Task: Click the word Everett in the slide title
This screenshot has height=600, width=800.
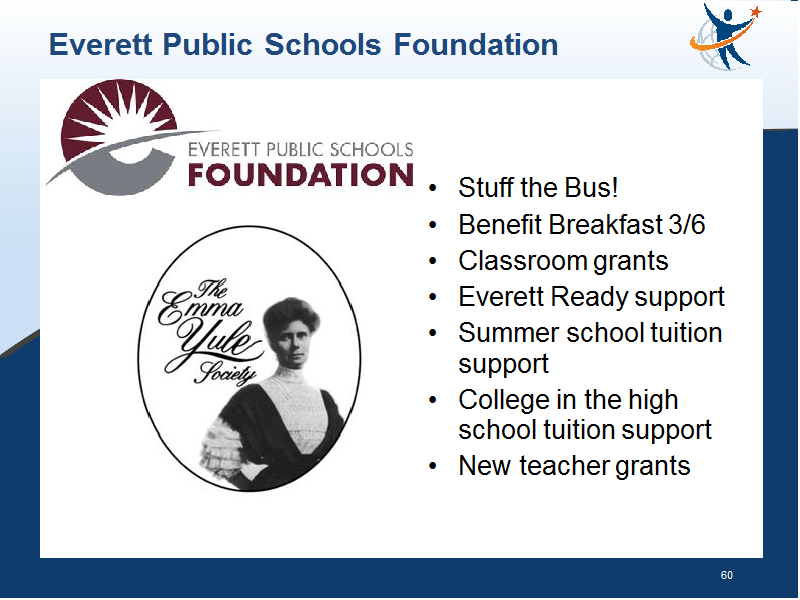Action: point(101,44)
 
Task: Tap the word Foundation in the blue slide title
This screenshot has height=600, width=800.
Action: point(476,44)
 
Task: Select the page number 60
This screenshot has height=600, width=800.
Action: point(727,575)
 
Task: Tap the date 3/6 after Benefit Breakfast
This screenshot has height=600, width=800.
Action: point(687,224)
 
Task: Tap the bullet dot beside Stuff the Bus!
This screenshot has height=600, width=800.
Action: point(433,188)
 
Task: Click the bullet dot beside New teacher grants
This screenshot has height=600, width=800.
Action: point(433,466)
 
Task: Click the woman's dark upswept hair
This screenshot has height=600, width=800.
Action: point(291,315)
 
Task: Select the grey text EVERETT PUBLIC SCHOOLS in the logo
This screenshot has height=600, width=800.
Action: point(301,149)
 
